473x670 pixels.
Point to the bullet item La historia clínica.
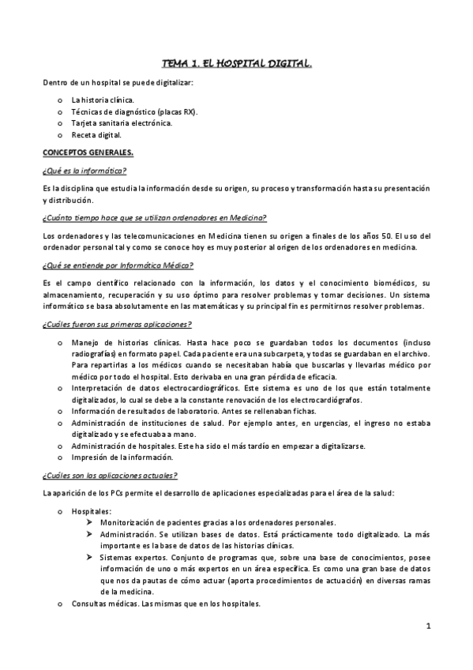[103, 100]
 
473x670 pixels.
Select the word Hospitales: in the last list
[92, 511]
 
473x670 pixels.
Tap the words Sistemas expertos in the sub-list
[133, 557]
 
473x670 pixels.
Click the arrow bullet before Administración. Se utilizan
[92, 534]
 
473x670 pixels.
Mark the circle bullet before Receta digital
[61, 135]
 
